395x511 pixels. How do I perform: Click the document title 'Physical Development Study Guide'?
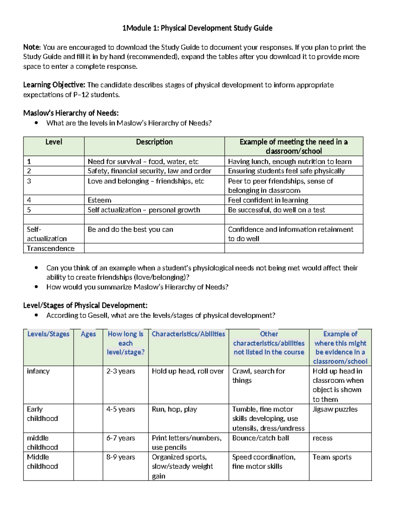click(197, 28)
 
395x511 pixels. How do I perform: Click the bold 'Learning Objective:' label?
click(54, 85)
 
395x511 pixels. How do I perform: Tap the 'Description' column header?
click(154, 142)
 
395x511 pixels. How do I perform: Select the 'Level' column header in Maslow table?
click(54, 142)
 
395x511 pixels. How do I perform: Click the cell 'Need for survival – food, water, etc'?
click(143, 162)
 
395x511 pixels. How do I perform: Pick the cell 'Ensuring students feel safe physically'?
click(286, 171)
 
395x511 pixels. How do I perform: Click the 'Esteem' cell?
click(99, 200)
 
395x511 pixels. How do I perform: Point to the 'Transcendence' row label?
click(51, 248)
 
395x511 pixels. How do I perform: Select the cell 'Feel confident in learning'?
click(268, 200)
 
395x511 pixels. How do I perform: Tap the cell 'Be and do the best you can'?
click(130, 229)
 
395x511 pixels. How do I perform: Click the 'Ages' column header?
click(88, 334)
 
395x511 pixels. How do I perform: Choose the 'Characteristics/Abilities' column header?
click(188, 334)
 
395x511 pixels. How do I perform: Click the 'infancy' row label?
click(38, 371)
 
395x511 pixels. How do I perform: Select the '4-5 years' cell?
click(120, 409)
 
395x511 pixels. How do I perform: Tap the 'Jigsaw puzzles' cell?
click(335, 409)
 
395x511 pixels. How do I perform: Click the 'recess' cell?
click(322, 438)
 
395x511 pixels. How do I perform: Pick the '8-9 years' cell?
click(120, 457)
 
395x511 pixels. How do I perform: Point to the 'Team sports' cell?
click(332, 457)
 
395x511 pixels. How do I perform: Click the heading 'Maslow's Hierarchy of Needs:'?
click(71, 113)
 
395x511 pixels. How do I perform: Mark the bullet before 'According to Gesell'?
click(36, 315)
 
